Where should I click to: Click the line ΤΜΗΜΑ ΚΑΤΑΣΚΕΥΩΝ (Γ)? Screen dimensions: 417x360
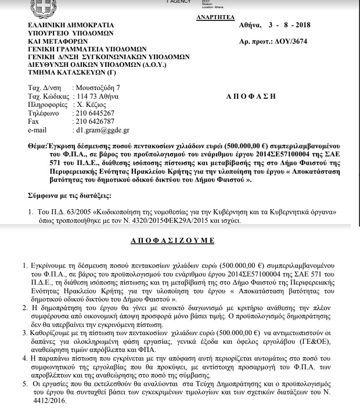(x=69, y=74)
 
